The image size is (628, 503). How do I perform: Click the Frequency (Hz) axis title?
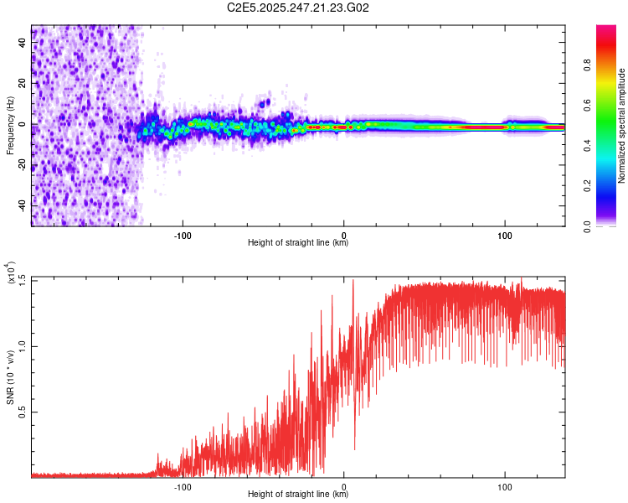click(10, 126)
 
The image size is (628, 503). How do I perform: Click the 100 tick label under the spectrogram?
click(505, 234)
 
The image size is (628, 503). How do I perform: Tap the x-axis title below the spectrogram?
click(298, 243)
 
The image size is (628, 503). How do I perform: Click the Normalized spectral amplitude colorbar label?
click(621, 126)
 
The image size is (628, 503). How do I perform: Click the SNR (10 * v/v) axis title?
click(10, 377)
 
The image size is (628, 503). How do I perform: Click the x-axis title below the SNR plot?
click(298, 495)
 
